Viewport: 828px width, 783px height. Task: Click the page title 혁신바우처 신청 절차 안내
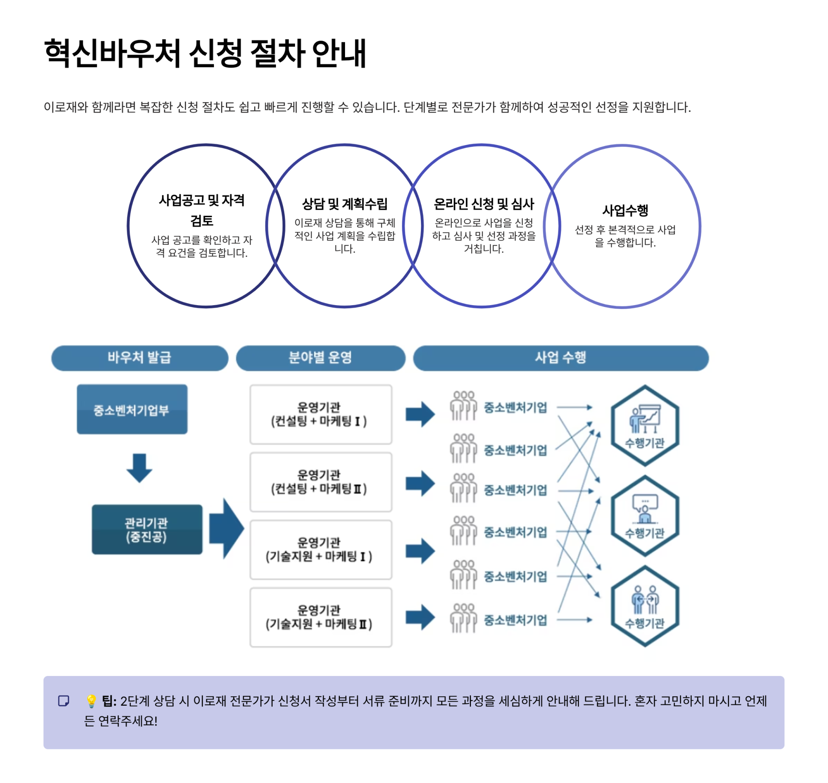(x=205, y=53)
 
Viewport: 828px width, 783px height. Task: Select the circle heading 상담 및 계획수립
(x=344, y=203)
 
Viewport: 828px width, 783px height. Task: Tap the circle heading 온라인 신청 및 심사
(x=483, y=203)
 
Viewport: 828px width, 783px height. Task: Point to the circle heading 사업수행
(x=625, y=210)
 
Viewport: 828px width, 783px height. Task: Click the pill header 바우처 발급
(x=139, y=357)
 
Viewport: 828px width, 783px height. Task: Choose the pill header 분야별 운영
(x=320, y=357)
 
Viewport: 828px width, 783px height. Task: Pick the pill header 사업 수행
(x=560, y=357)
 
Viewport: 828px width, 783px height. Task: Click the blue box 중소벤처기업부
(x=132, y=409)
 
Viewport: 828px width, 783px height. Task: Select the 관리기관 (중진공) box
(x=147, y=529)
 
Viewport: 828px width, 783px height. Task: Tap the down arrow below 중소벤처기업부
(x=139, y=467)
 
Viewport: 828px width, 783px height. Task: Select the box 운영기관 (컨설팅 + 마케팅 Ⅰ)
(x=320, y=414)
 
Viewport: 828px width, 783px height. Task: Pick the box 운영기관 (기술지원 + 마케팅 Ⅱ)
(x=320, y=617)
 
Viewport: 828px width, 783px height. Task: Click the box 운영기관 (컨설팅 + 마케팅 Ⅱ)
(x=320, y=482)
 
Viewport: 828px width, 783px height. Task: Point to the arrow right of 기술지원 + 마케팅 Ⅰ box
(x=420, y=551)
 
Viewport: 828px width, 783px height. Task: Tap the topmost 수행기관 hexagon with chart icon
(x=645, y=426)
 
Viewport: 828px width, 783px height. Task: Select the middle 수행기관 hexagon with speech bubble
(x=645, y=516)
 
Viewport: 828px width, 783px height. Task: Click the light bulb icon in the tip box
(x=91, y=701)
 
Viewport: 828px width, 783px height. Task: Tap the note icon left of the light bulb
(x=64, y=701)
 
